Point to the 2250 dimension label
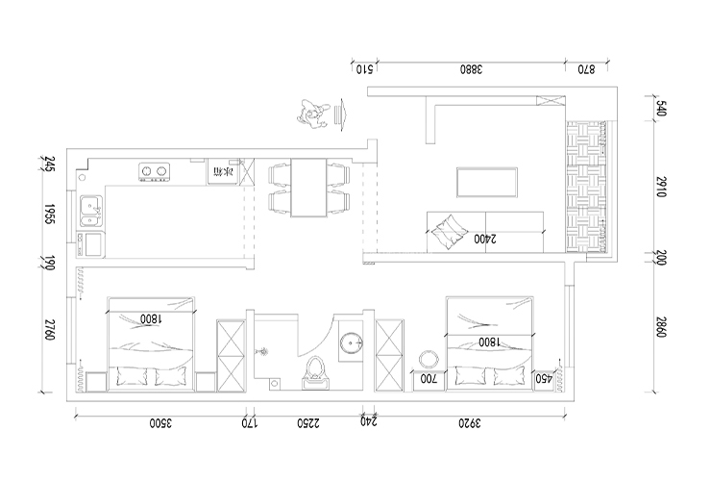306,422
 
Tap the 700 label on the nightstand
429,379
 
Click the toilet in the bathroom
314,373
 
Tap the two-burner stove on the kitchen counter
154,173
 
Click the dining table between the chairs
308,189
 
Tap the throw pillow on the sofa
445,233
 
